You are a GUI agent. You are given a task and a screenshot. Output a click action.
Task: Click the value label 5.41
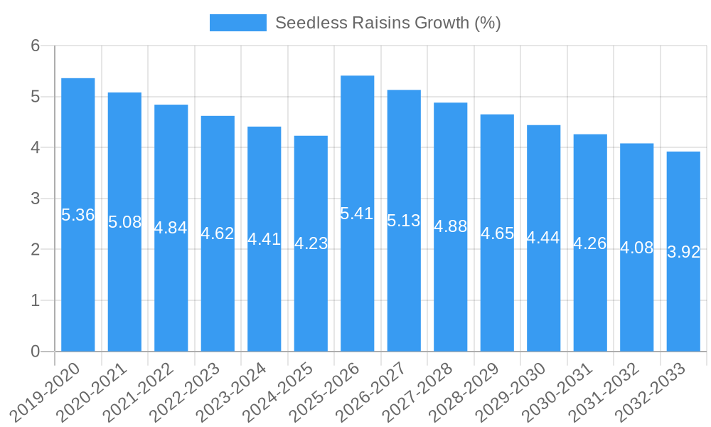click(x=357, y=213)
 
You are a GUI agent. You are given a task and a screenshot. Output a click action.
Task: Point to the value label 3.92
click(x=683, y=252)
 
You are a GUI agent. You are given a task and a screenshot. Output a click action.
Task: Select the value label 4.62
click(x=218, y=233)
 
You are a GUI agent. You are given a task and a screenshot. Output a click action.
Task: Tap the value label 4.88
click(x=450, y=226)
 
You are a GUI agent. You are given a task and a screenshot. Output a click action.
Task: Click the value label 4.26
click(x=590, y=243)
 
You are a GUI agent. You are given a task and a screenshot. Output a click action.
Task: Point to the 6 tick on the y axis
click(x=36, y=46)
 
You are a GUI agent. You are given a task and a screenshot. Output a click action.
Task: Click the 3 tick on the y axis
click(x=36, y=199)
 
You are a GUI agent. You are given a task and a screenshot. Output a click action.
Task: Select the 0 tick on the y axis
click(x=36, y=352)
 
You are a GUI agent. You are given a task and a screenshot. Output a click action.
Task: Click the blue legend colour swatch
click(x=237, y=23)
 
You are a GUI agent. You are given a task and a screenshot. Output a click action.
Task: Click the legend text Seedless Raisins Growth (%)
click(x=387, y=23)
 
